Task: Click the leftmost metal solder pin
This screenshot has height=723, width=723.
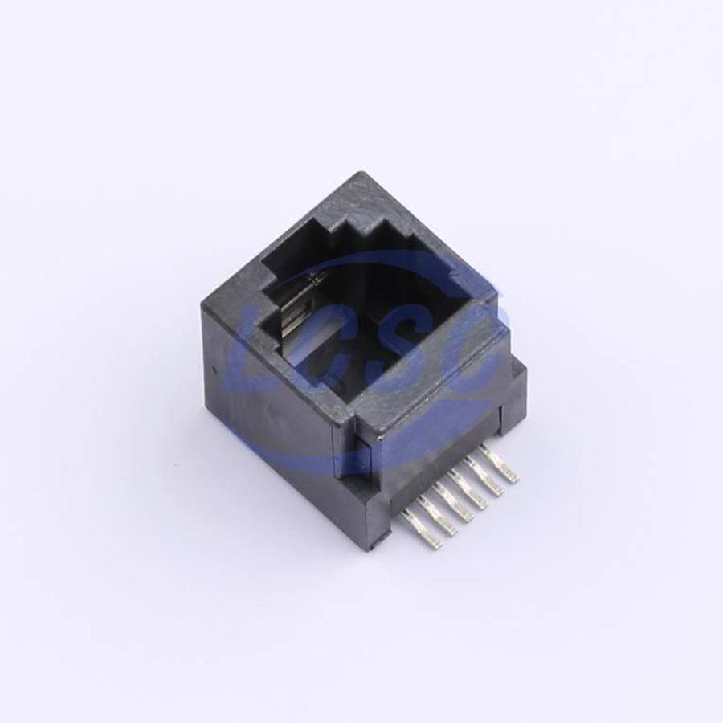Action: pos(420,530)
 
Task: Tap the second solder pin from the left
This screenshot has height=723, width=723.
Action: pos(439,518)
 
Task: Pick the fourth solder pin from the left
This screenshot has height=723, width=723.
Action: pos(472,492)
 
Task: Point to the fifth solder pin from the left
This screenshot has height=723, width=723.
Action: pos(488,479)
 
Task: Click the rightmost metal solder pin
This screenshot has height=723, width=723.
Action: pos(500,465)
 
